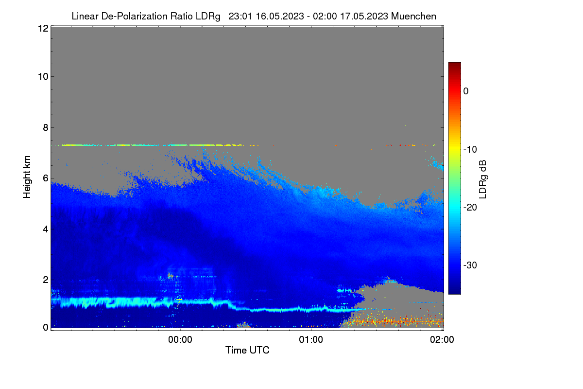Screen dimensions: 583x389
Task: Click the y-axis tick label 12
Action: (43, 28)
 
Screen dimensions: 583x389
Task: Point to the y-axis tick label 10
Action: (43, 77)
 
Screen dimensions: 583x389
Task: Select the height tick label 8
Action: (46, 127)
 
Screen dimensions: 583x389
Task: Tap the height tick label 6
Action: (46, 178)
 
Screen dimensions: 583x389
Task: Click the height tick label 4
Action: (46, 230)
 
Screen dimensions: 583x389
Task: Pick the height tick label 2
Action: (46, 280)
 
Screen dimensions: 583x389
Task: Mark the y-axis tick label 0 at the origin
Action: (46, 327)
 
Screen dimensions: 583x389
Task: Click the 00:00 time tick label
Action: (180, 339)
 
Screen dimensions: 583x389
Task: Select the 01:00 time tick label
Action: (311, 339)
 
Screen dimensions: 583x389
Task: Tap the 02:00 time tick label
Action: (442, 339)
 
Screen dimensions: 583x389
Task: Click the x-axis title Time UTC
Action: (247, 350)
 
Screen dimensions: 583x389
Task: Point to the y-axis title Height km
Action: (27, 177)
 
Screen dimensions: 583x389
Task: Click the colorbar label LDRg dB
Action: (483, 179)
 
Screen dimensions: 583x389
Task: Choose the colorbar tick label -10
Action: (470, 150)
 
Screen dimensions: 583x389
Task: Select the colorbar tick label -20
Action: (470, 208)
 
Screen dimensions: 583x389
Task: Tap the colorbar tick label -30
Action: (470, 265)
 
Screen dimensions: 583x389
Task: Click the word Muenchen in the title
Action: (413, 16)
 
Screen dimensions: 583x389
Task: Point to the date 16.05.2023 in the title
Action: (280, 16)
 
